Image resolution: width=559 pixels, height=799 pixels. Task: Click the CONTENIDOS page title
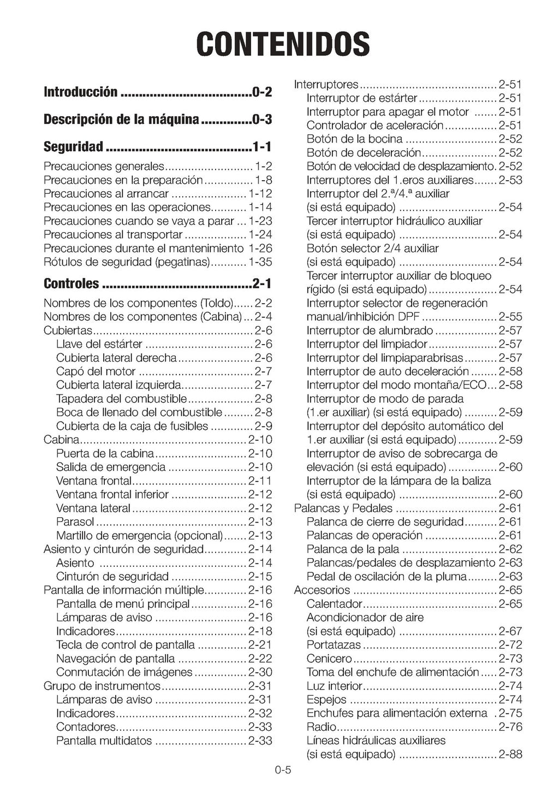(283, 44)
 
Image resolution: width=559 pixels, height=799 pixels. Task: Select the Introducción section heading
(80, 92)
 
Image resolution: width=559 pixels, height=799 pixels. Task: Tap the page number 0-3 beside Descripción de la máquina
(262, 119)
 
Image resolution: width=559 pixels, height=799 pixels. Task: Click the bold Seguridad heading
(73, 146)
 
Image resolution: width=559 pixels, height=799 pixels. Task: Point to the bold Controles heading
(71, 283)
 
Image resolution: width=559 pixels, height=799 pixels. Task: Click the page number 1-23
(260, 221)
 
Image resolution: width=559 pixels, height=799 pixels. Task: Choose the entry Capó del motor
(96, 371)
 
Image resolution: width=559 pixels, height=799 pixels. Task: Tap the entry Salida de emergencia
(110, 467)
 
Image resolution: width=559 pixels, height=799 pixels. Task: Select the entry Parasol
(75, 522)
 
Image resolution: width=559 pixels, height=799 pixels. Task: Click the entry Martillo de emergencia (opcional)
(139, 535)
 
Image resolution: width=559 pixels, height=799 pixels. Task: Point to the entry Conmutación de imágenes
(124, 672)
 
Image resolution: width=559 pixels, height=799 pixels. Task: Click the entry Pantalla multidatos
(104, 741)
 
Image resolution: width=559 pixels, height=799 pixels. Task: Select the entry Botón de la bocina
(354, 139)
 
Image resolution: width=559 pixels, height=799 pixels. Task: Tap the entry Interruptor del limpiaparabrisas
(384, 358)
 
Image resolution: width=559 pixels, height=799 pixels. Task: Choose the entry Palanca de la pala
(353, 549)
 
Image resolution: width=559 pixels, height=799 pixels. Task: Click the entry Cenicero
(329, 659)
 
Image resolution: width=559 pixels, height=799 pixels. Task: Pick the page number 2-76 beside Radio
(510, 727)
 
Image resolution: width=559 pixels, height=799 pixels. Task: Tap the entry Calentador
(334, 604)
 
